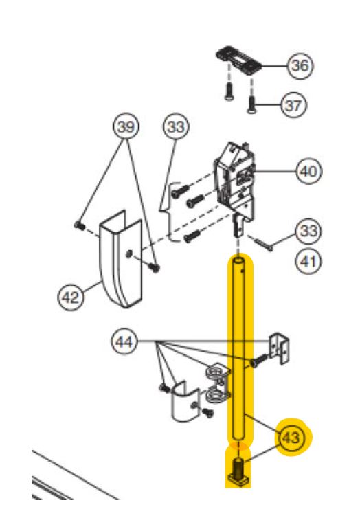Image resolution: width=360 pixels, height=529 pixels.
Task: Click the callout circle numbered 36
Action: click(300, 65)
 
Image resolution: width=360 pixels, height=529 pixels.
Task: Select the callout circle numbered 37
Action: click(293, 105)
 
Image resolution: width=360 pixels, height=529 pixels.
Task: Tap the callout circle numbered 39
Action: click(126, 127)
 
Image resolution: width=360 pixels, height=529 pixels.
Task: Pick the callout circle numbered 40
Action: click(308, 171)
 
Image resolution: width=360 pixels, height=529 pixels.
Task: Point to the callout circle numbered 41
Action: click(308, 262)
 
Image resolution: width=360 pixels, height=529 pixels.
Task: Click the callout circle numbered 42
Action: click(71, 297)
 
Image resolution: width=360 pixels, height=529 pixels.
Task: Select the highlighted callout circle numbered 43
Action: click(291, 438)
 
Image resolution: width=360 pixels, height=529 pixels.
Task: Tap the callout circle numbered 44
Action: click(124, 342)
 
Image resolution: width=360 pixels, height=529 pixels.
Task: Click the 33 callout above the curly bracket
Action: click(176, 127)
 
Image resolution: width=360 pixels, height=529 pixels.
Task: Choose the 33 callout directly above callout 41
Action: click(308, 232)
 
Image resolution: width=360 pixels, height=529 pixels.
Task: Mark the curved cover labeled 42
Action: click(120, 259)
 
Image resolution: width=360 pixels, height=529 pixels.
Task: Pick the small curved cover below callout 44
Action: click(184, 401)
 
